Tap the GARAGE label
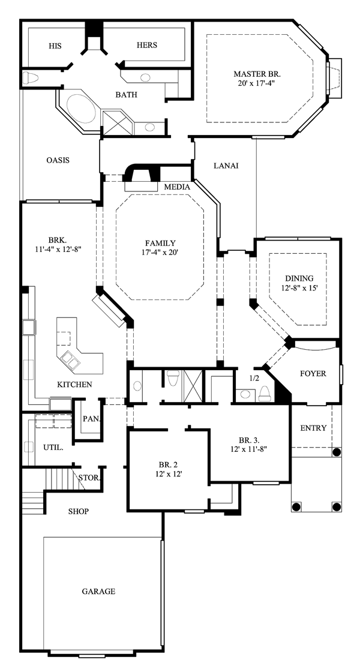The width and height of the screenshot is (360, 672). (98, 592)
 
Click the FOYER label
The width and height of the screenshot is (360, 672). (313, 373)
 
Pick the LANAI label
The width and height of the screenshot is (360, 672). (226, 166)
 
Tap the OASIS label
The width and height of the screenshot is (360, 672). (58, 160)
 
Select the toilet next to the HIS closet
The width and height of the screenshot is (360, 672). (31, 78)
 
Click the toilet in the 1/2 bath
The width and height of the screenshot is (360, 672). (265, 392)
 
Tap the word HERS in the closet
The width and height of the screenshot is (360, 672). (146, 45)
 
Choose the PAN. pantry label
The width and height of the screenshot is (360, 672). (91, 418)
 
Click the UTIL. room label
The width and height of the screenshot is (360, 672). (53, 448)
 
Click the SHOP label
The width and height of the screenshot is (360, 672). (79, 511)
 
